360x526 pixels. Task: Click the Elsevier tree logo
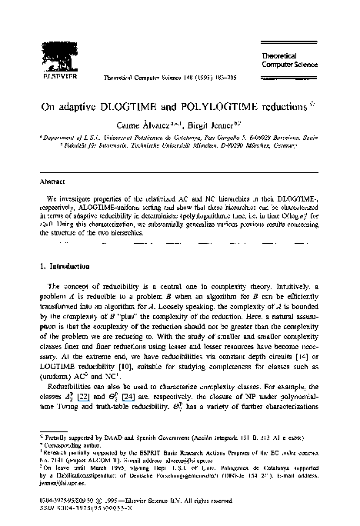[37, 32]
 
